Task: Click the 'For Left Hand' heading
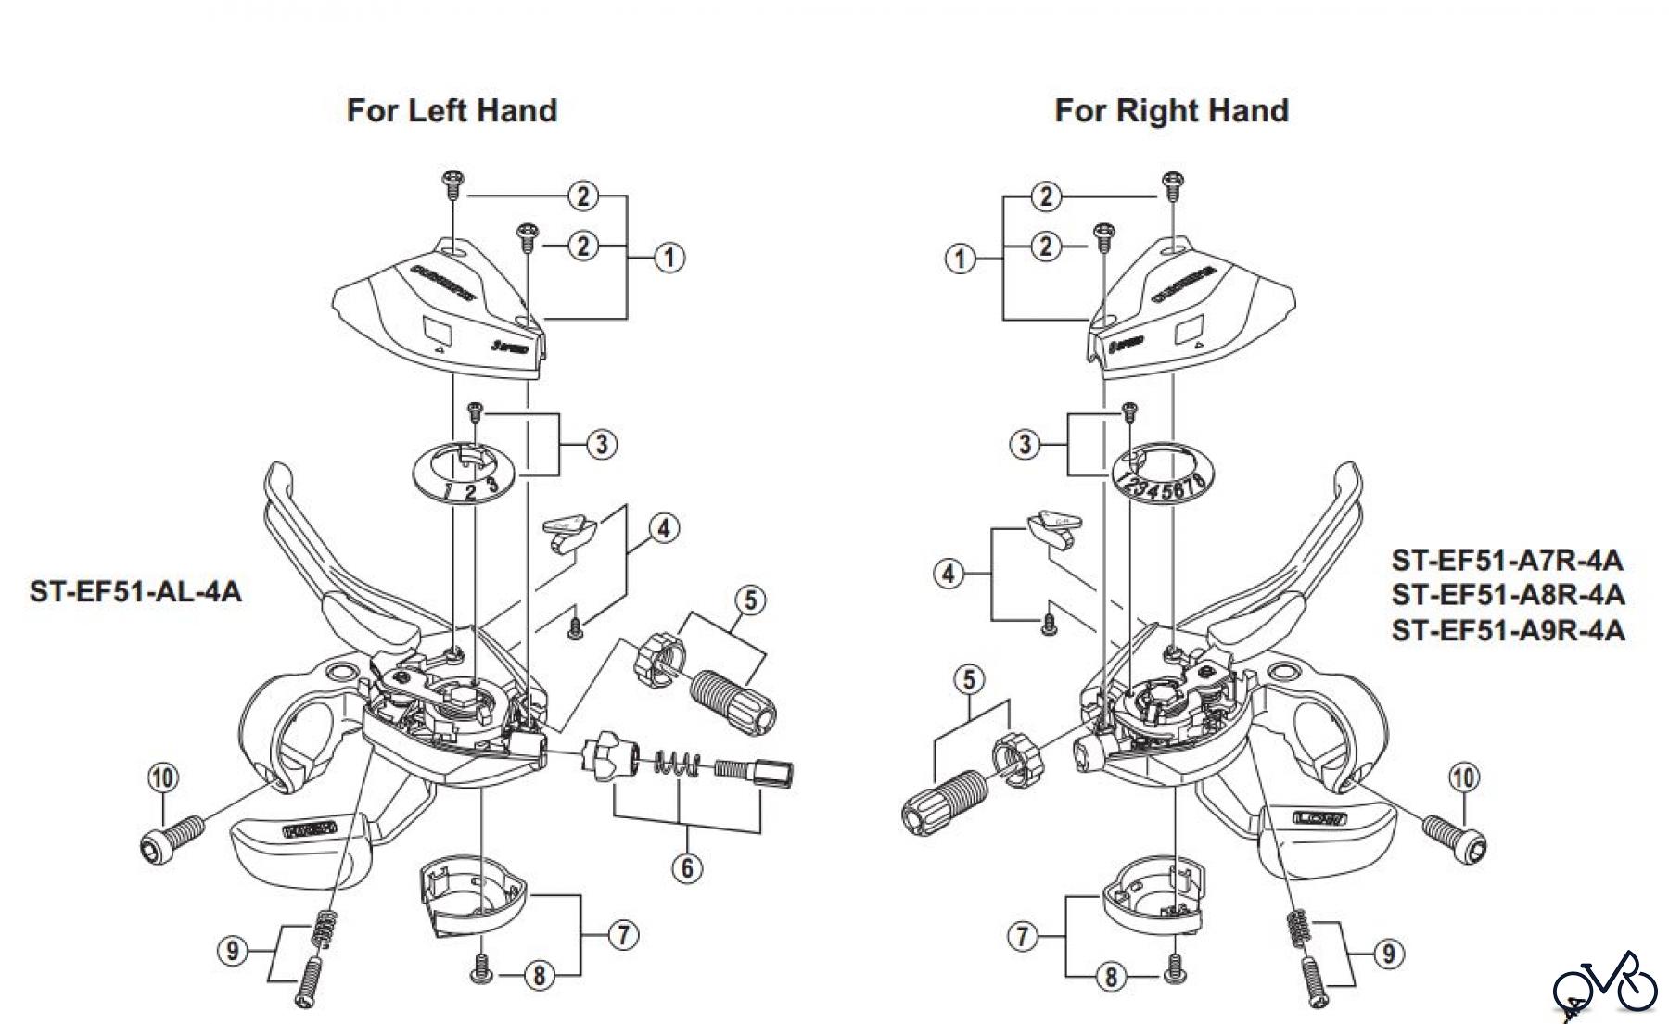pyautogui.click(x=452, y=110)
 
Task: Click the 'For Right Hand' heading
pyautogui.click(x=1171, y=110)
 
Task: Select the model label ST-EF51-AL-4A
pyautogui.click(x=135, y=591)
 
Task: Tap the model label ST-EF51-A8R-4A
pyautogui.click(x=1508, y=595)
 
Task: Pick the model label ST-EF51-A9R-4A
pyautogui.click(x=1508, y=630)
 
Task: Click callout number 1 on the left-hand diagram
pyautogui.click(x=669, y=258)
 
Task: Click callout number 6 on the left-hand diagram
pyautogui.click(x=687, y=867)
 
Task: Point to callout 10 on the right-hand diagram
pyautogui.click(x=1464, y=777)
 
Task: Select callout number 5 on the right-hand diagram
pyautogui.click(x=969, y=680)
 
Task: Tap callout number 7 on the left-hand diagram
pyautogui.click(x=623, y=935)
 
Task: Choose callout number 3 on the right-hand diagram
pyautogui.click(x=1024, y=444)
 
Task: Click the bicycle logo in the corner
pyautogui.click(x=1605, y=984)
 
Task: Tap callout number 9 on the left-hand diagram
pyautogui.click(x=233, y=950)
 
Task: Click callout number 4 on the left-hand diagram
pyautogui.click(x=664, y=529)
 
